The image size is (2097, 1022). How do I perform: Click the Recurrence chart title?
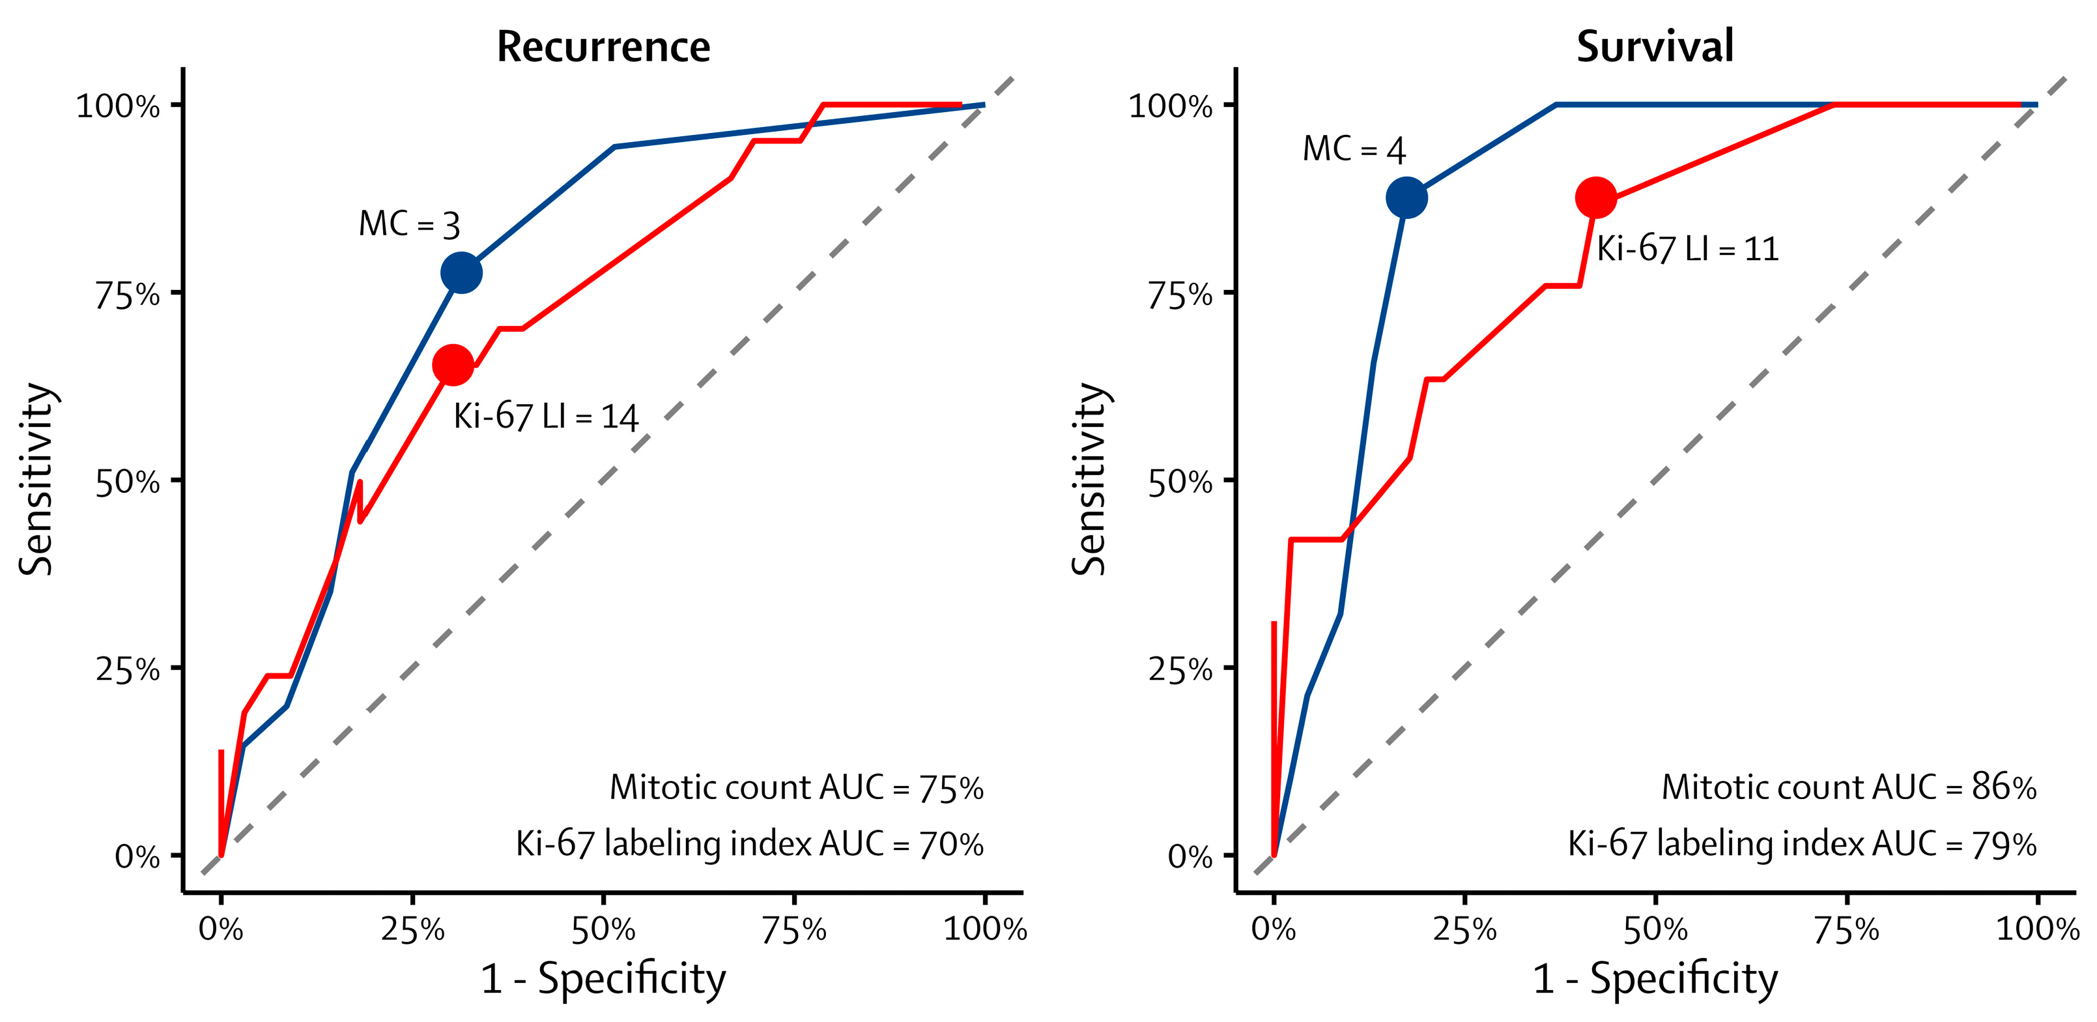coord(603,46)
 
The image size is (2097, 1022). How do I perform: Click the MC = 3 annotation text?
coord(410,224)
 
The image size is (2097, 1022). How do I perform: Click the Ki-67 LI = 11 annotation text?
coord(1687,248)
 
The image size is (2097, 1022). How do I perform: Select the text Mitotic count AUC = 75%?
coord(796,787)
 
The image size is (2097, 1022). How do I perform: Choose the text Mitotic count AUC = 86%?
coord(1849,787)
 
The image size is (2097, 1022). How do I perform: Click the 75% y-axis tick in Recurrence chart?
coord(127,295)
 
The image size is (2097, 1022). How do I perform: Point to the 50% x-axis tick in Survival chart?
coord(1655,929)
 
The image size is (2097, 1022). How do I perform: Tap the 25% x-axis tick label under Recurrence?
coord(413,929)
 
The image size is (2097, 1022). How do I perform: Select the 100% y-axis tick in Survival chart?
coord(1170,106)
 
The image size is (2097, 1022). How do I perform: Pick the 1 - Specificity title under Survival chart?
coord(1655,978)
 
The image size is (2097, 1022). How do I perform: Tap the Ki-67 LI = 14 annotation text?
coord(545,417)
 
